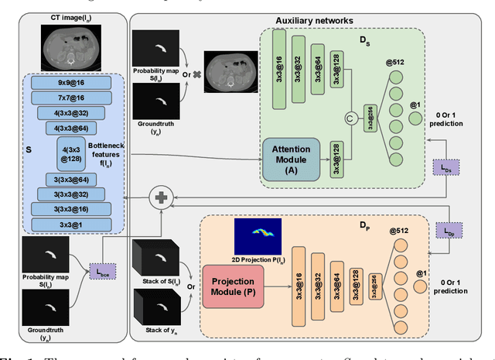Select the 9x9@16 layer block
70,82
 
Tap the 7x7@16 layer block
70,97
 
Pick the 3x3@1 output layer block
70,225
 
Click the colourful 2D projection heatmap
258,237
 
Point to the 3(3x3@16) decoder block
70,208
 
